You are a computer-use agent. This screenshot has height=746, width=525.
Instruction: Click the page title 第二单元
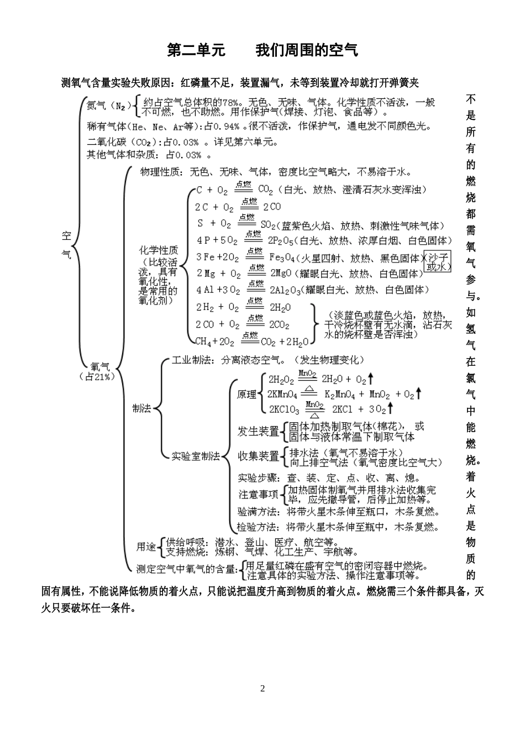(196, 51)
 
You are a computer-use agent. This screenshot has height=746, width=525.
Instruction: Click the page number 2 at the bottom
(262, 689)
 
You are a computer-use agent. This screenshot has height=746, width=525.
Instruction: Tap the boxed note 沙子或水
(438, 261)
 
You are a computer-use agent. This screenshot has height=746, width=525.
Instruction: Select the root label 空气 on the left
(67, 245)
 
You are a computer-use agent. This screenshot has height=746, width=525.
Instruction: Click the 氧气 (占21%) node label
(100, 371)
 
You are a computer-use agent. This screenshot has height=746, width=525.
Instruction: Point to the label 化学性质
(159, 250)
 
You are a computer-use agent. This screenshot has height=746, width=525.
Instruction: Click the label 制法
(141, 408)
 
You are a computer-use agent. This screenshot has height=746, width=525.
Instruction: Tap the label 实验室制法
(196, 456)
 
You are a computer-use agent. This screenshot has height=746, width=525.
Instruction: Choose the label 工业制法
(192, 360)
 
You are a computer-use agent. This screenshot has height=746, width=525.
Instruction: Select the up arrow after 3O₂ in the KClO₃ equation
(390, 408)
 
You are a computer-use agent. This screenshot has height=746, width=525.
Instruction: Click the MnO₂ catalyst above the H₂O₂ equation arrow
(307, 373)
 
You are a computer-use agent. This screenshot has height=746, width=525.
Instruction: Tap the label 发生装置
(258, 431)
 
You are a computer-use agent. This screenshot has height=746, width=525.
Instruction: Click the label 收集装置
(258, 456)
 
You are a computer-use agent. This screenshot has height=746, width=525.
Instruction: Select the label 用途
(146, 547)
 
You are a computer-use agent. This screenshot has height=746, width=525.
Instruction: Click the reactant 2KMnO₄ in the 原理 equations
(283, 395)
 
